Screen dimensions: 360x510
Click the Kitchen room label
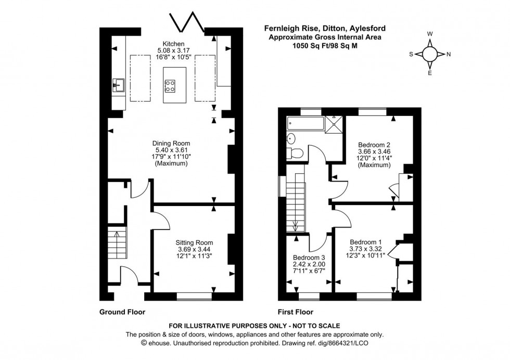click(174, 44)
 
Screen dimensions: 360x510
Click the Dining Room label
click(171, 143)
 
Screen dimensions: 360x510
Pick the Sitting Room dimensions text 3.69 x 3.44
click(194, 250)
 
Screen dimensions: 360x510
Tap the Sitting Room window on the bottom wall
click(194, 297)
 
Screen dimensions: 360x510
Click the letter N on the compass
click(449, 54)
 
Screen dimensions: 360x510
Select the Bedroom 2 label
click(374, 145)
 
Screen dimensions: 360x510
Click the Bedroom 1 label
click(366, 242)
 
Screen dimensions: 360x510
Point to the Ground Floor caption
click(122, 312)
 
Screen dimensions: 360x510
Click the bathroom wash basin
click(291, 139)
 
